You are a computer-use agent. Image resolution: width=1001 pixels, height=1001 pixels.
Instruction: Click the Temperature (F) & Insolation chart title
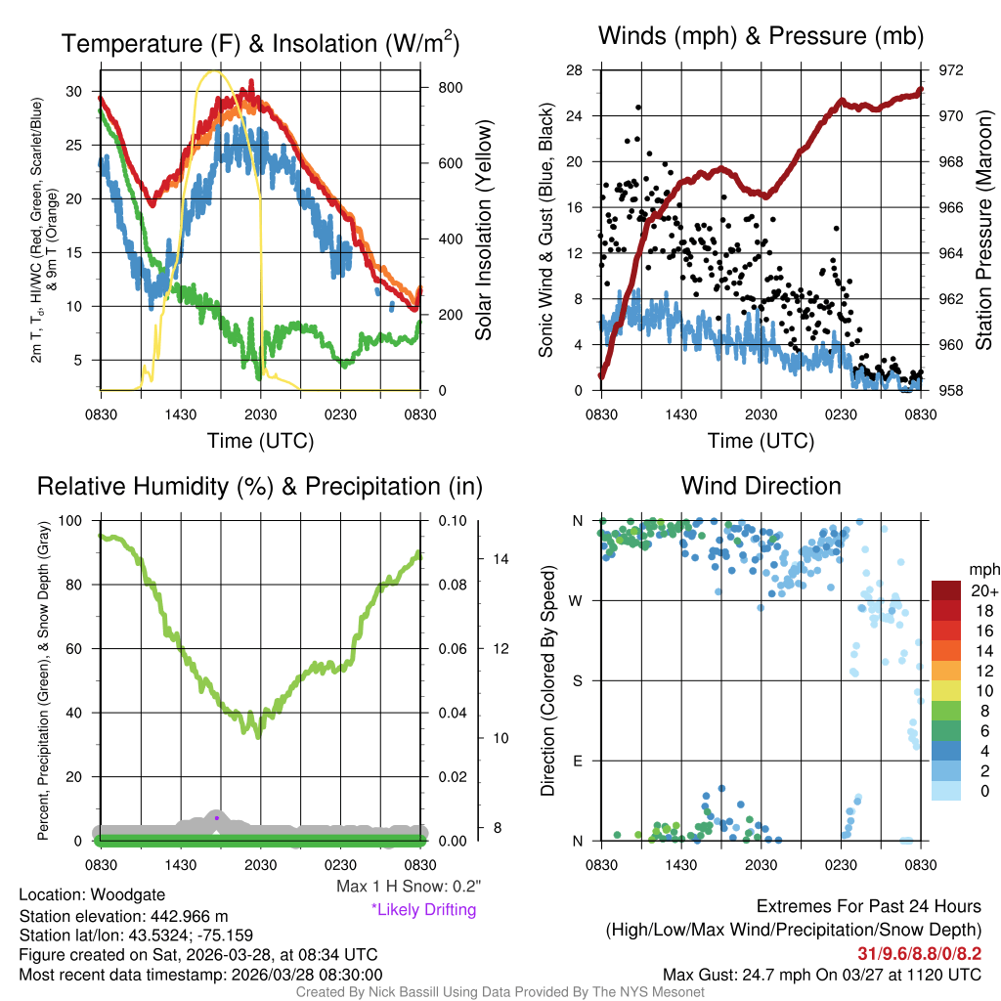(x=260, y=43)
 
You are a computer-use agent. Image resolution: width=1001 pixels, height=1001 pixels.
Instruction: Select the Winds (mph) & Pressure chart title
(x=762, y=36)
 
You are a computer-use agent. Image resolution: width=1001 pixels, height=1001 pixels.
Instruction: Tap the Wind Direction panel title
(x=761, y=486)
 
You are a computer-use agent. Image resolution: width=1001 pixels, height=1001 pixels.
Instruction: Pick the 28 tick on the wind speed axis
(x=575, y=70)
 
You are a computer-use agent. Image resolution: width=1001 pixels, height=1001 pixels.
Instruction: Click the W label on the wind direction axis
(x=578, y=600)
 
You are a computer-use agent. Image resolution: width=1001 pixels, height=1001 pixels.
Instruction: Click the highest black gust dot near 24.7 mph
(x=638, y=108)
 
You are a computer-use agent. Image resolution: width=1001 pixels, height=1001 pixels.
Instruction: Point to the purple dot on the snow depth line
(x=216, y=817)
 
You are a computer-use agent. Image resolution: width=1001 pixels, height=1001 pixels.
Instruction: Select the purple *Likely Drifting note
(x=423, y=909)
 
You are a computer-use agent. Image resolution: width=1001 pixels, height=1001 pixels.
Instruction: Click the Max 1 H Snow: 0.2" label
(x=409, y=887)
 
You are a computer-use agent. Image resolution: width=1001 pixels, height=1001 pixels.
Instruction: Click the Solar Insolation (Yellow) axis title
(x=483, y=231)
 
